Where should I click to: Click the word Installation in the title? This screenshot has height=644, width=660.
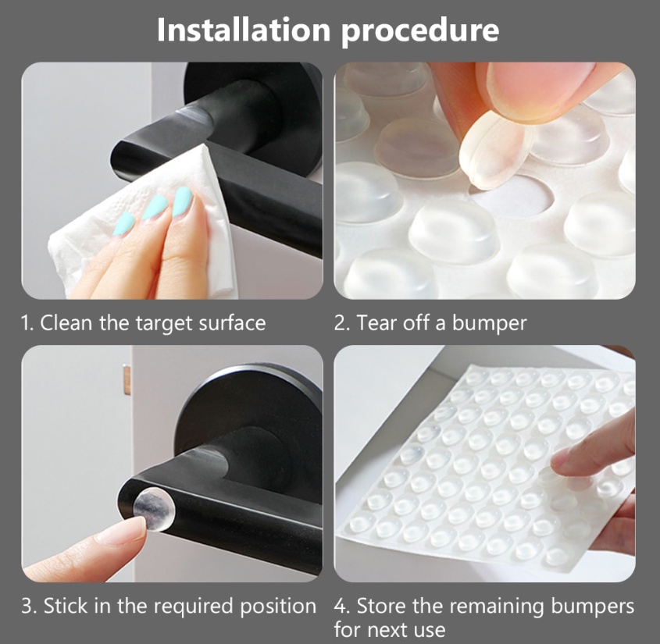pyautogui.click(x=244, y=30)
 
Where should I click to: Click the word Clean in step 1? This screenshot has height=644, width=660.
pyautogui.click(x=67, y=323)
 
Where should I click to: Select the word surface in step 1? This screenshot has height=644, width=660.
pyautogui.click(x=232, y=323)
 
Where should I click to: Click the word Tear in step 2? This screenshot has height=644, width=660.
pyautogui.click(x=375, y=323)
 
